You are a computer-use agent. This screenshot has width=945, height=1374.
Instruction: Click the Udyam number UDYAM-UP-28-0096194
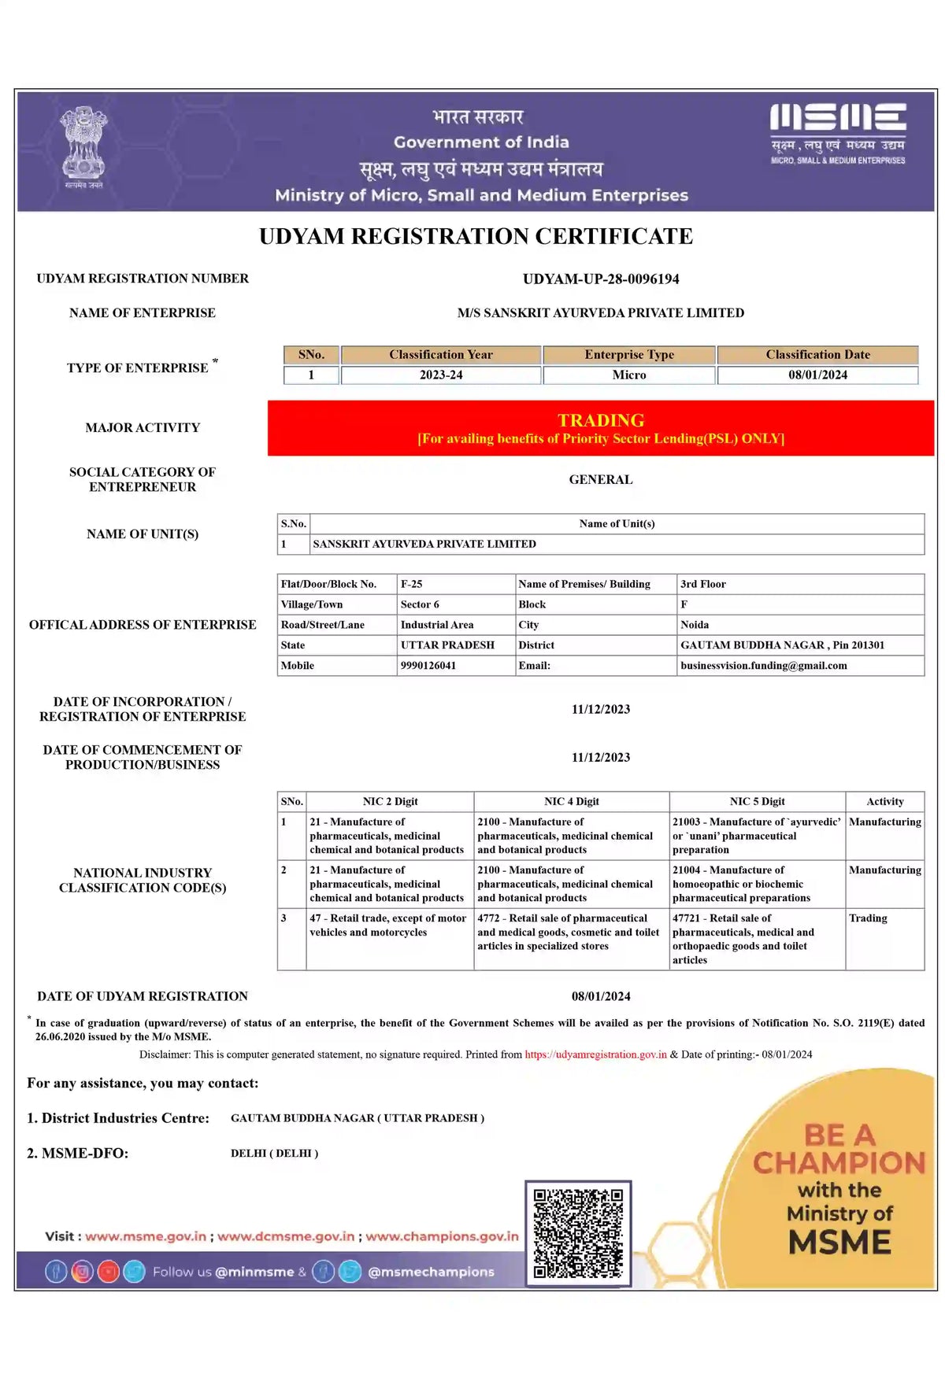coord(601,279)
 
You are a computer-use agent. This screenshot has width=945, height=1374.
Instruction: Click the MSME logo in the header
coord(838,133)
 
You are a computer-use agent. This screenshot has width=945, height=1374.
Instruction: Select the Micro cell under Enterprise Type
coord(629,375)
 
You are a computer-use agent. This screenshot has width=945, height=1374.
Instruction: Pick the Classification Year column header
coord(441,355)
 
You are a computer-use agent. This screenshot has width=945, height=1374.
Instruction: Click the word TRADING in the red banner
coord(601,420)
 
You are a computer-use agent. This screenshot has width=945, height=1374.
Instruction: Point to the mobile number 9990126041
coord(428,666)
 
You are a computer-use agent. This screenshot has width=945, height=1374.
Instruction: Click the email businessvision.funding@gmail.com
coord(764,666)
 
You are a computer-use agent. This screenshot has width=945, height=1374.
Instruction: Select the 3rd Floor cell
coord(703,584)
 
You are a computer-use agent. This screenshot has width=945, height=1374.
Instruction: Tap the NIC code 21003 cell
coord(756,836)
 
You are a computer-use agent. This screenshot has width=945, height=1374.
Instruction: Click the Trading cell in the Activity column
coord(868,918)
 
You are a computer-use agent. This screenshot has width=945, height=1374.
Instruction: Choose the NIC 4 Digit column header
coord(572,802)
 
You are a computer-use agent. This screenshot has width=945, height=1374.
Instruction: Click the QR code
coord(578,1233)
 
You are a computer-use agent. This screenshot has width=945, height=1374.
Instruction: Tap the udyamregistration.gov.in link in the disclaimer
coord(596,1055)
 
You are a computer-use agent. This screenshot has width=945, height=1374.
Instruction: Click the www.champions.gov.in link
coord(442,1236)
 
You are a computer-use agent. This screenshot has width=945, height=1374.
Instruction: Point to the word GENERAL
coord(601,480)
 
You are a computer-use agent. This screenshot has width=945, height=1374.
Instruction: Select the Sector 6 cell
coord(420,604)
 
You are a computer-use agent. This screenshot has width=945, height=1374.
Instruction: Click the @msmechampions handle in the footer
coord(431,1272)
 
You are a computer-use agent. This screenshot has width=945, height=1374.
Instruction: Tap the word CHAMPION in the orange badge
coord(839,1163)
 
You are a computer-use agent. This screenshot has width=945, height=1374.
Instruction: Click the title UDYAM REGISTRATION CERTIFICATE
coord(476,237)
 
